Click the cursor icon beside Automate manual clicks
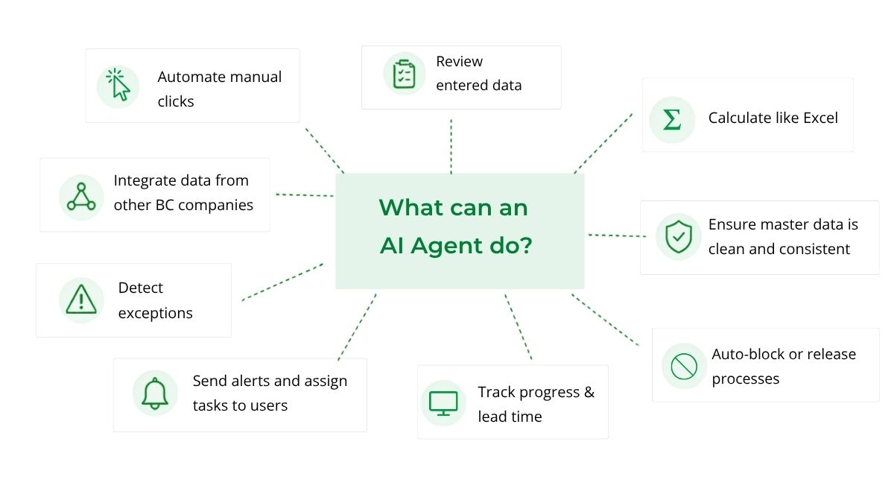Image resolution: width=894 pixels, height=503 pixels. point(118,85)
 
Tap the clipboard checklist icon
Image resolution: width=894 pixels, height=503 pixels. point(404,74)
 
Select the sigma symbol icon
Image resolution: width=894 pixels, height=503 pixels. point(672,119)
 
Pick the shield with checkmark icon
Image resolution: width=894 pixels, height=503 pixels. point(679,237)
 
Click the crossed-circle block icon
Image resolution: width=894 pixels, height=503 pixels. point(684,367)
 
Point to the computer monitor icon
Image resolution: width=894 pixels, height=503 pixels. point(443,404)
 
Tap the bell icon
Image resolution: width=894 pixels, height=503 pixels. point(155,393)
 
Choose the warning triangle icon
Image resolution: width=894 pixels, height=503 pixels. point(81,299)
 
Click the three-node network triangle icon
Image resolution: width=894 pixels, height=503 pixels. point(81,197)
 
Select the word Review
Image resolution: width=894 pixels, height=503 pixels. point(460,61)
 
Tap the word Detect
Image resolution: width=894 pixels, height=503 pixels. point(141,288)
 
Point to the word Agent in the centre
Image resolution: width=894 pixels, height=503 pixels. point(447,245)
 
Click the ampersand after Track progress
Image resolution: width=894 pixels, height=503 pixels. point(589,392)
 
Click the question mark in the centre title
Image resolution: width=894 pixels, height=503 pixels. point(525,244)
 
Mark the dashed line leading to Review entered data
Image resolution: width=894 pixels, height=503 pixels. point(451,146)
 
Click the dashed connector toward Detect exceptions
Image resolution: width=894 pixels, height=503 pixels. point(282,282)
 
